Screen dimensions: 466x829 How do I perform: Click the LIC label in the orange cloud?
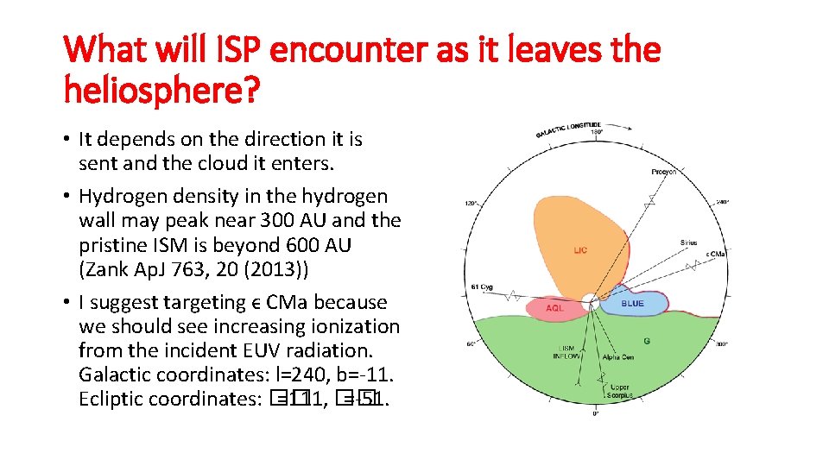point(579,250)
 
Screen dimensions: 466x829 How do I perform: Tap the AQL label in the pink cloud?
point(555,307)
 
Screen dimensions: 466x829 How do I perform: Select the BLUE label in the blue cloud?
point(632,304)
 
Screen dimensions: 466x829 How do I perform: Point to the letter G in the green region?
point(647,342)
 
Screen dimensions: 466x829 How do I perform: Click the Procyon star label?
point(663,173)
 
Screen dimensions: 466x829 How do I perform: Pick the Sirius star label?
point(688,243)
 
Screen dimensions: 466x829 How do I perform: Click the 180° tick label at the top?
point(596,132)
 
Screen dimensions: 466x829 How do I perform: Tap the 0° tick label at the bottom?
point(596,414)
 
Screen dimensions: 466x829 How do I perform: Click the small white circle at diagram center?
point(591,303)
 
